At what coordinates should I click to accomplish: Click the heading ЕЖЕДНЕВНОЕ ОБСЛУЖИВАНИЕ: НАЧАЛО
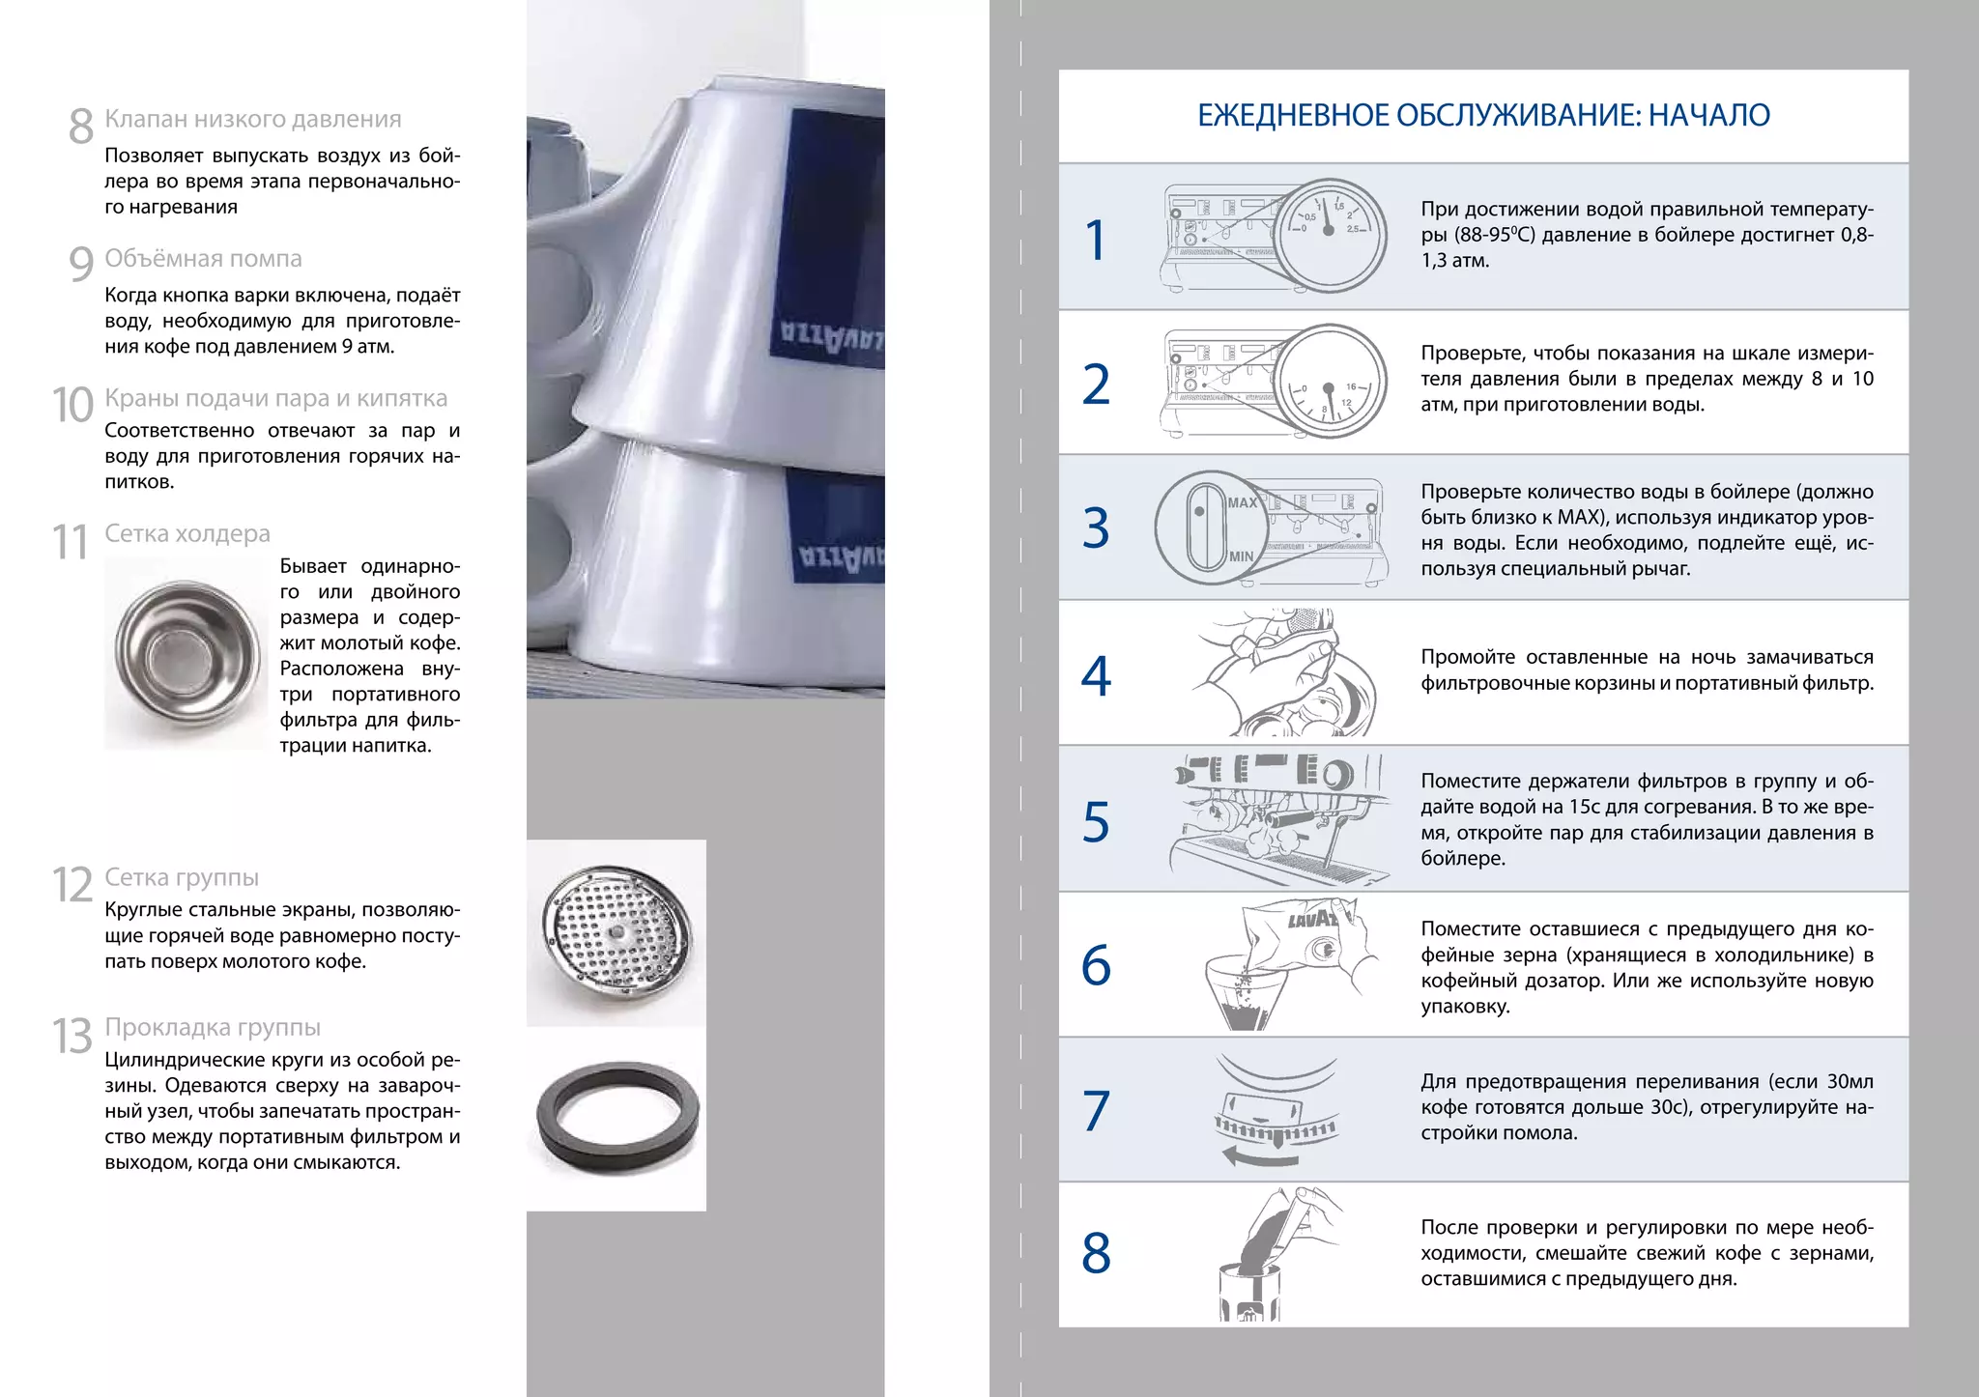point(1483,116)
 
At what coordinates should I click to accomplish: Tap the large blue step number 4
point(1096,676)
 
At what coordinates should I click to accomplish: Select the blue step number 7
point(1096,1111)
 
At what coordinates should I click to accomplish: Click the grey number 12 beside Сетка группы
point(72,885)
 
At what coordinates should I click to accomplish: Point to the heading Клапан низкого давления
point(253,119)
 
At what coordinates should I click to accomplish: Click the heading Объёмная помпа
point(203,259)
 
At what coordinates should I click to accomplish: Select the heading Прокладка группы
point(213,1027)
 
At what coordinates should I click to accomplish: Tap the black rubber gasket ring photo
point(617,1117)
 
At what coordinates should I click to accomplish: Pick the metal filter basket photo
point(186,654)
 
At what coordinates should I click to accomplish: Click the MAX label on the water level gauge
point(1242,502)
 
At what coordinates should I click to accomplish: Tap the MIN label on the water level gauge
point(1241,556)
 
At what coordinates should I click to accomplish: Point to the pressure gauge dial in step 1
point(1330,234)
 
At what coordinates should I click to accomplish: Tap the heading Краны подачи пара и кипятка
point(276,398)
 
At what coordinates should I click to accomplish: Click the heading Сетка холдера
point(187,533)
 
